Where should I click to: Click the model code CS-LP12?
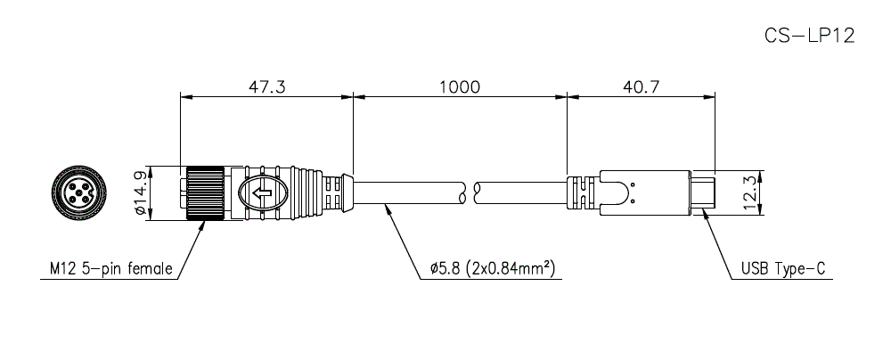click(x=809, y=36)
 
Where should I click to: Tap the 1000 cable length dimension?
click(x=459, y=87)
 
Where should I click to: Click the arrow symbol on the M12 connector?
click(x=262, y=193)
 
